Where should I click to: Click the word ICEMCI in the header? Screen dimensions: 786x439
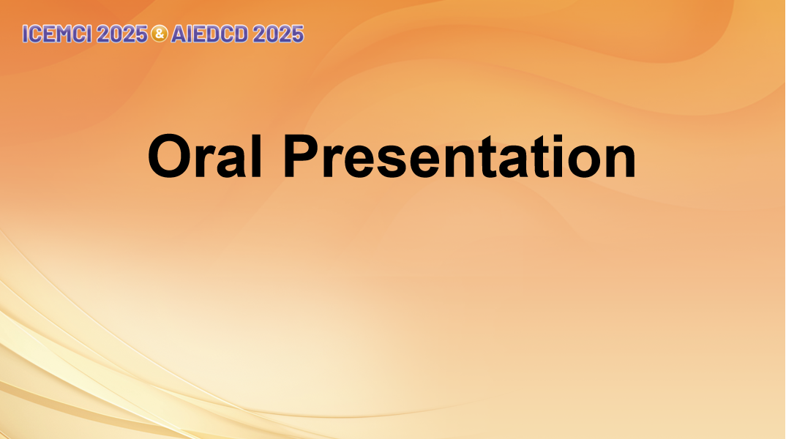coord(57,34)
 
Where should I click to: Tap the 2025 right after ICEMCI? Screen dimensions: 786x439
coord(122,34)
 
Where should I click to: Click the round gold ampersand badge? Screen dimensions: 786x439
coord(160,34)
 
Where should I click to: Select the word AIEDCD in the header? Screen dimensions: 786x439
coord(209,34)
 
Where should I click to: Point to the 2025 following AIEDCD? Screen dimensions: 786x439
coord(278,34)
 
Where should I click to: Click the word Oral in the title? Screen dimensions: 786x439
coord(205,156)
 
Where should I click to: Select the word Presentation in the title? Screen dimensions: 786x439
coord(460,156)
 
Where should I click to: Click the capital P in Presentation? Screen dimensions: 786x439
coord(302,156)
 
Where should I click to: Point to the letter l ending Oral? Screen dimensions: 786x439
coord(257,156)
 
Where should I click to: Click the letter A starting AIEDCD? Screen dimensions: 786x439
coord(179,34)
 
